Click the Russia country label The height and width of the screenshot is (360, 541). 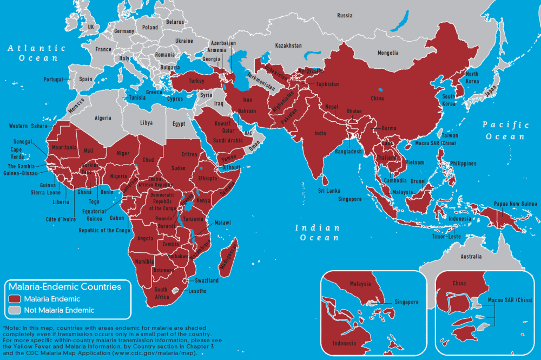click(345, 16)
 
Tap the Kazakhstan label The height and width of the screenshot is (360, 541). click(288, 46)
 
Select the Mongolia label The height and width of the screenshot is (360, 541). click(388, 53)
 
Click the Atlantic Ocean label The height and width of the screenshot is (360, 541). click(36, 53)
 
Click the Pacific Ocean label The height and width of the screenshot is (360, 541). click(505, 130)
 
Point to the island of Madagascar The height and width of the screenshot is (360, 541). click(229, 254)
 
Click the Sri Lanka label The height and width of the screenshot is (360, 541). click(328, 191)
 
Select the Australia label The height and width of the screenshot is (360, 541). click(471, 257)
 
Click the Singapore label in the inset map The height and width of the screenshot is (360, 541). click(406, 302)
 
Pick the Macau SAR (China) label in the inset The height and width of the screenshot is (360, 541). click(510, 300)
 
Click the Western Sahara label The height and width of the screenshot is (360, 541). click(28, 126)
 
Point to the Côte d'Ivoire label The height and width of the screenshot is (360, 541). click(61, 219)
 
